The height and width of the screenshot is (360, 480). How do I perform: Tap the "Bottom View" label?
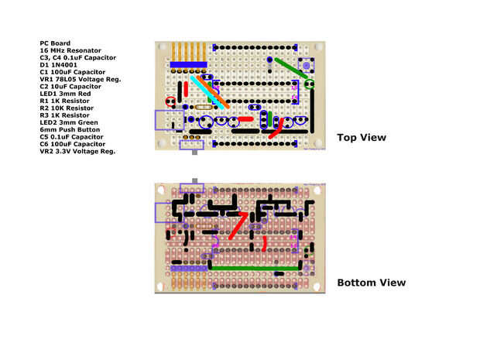pyautogui.click(x=371, y=283)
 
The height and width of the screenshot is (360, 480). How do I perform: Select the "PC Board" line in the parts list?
pyautogui.click(x=55, y=43)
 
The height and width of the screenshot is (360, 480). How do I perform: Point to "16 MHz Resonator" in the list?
pyautogui.click(x=70, y=50)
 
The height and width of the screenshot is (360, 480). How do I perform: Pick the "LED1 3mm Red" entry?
pyautogui.click(x=65, y=94)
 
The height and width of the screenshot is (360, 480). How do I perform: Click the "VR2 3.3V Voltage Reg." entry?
pyautogui.click(x=77, y=151)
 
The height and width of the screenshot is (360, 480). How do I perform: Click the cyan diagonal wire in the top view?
pyautogui.click(x=207, y=91)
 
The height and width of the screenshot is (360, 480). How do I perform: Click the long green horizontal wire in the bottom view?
pyautogui.click(x=256, y=268)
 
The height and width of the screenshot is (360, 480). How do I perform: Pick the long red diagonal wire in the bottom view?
pyautogui.click(x=238, y=225)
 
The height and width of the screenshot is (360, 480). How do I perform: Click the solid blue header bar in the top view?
pyautogui.click(x=189, y=65)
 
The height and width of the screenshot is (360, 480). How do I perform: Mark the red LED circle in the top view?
pyautogui.click(x=170, y=101)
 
